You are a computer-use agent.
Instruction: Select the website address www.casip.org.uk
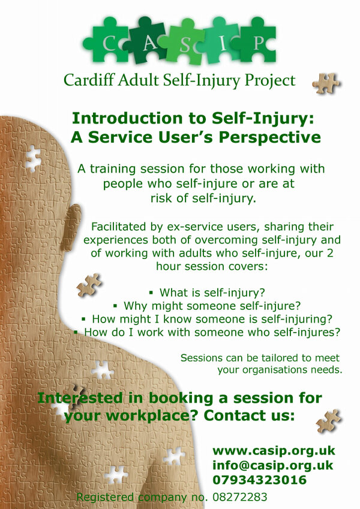pyautogui.click(x=274, y=450)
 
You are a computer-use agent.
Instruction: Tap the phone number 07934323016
pyautogui.click(x=260, y=480)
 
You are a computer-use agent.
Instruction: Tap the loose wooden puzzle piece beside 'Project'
pyautogui.click(x=327, y=82)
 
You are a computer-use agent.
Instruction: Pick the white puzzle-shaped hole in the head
pyautogui.click(x=33, y=158)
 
